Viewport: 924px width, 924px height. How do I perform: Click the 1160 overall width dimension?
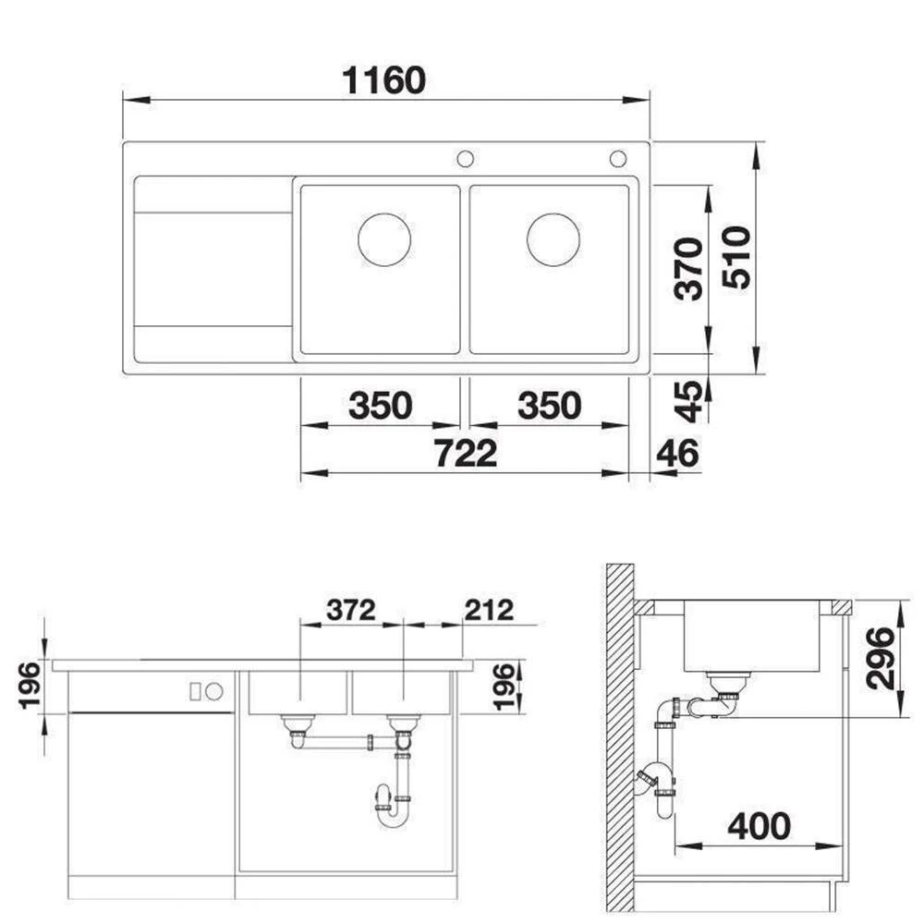383,80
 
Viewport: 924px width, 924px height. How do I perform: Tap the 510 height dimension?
736,257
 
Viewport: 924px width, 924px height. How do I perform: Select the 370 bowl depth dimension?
689,269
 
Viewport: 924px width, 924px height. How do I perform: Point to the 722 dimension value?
466,453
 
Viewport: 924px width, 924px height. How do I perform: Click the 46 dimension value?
677,453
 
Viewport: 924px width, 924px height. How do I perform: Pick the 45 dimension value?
689,402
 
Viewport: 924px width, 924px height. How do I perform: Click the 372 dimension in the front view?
350,610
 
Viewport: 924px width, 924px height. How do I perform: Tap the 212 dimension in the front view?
489,610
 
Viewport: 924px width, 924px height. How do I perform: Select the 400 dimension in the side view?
759,826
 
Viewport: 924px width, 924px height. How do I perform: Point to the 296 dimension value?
881,658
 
